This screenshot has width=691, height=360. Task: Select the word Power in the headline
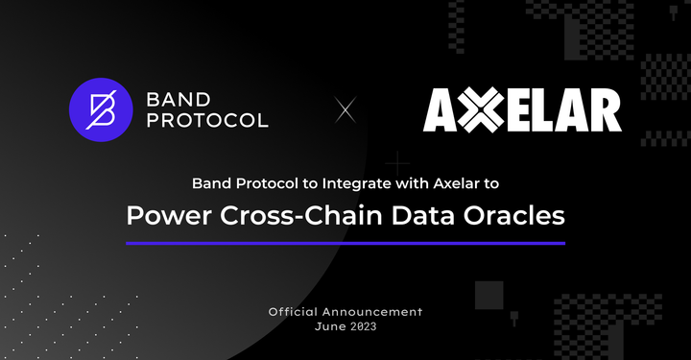tap(165, 216)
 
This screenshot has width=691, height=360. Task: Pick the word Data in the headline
tap(418, 216)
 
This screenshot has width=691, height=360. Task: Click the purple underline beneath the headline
tap(345, 243)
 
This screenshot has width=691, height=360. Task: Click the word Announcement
tap(376, 313)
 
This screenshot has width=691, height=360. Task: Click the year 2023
tap(363, 327)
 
